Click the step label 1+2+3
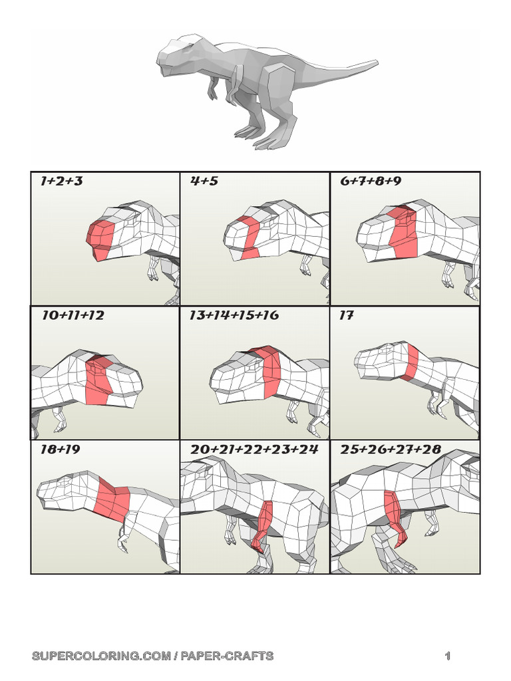click(x=61, y=181)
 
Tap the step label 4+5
click(x=204, y=181)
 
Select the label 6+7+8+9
click(x=371, y=181)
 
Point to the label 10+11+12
click(x=73, y=315)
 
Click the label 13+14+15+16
click(x=234, y=315)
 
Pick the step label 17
click(x=346, y=315)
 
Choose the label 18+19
click(x=61, y=449)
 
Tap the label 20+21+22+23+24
click(x=254, y=449)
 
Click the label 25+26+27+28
click(x=391, y=449)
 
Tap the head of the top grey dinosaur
click(x=176, y=55)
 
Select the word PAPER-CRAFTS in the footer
click(x=228, y=656)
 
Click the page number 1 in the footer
click(x=448, y=656)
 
